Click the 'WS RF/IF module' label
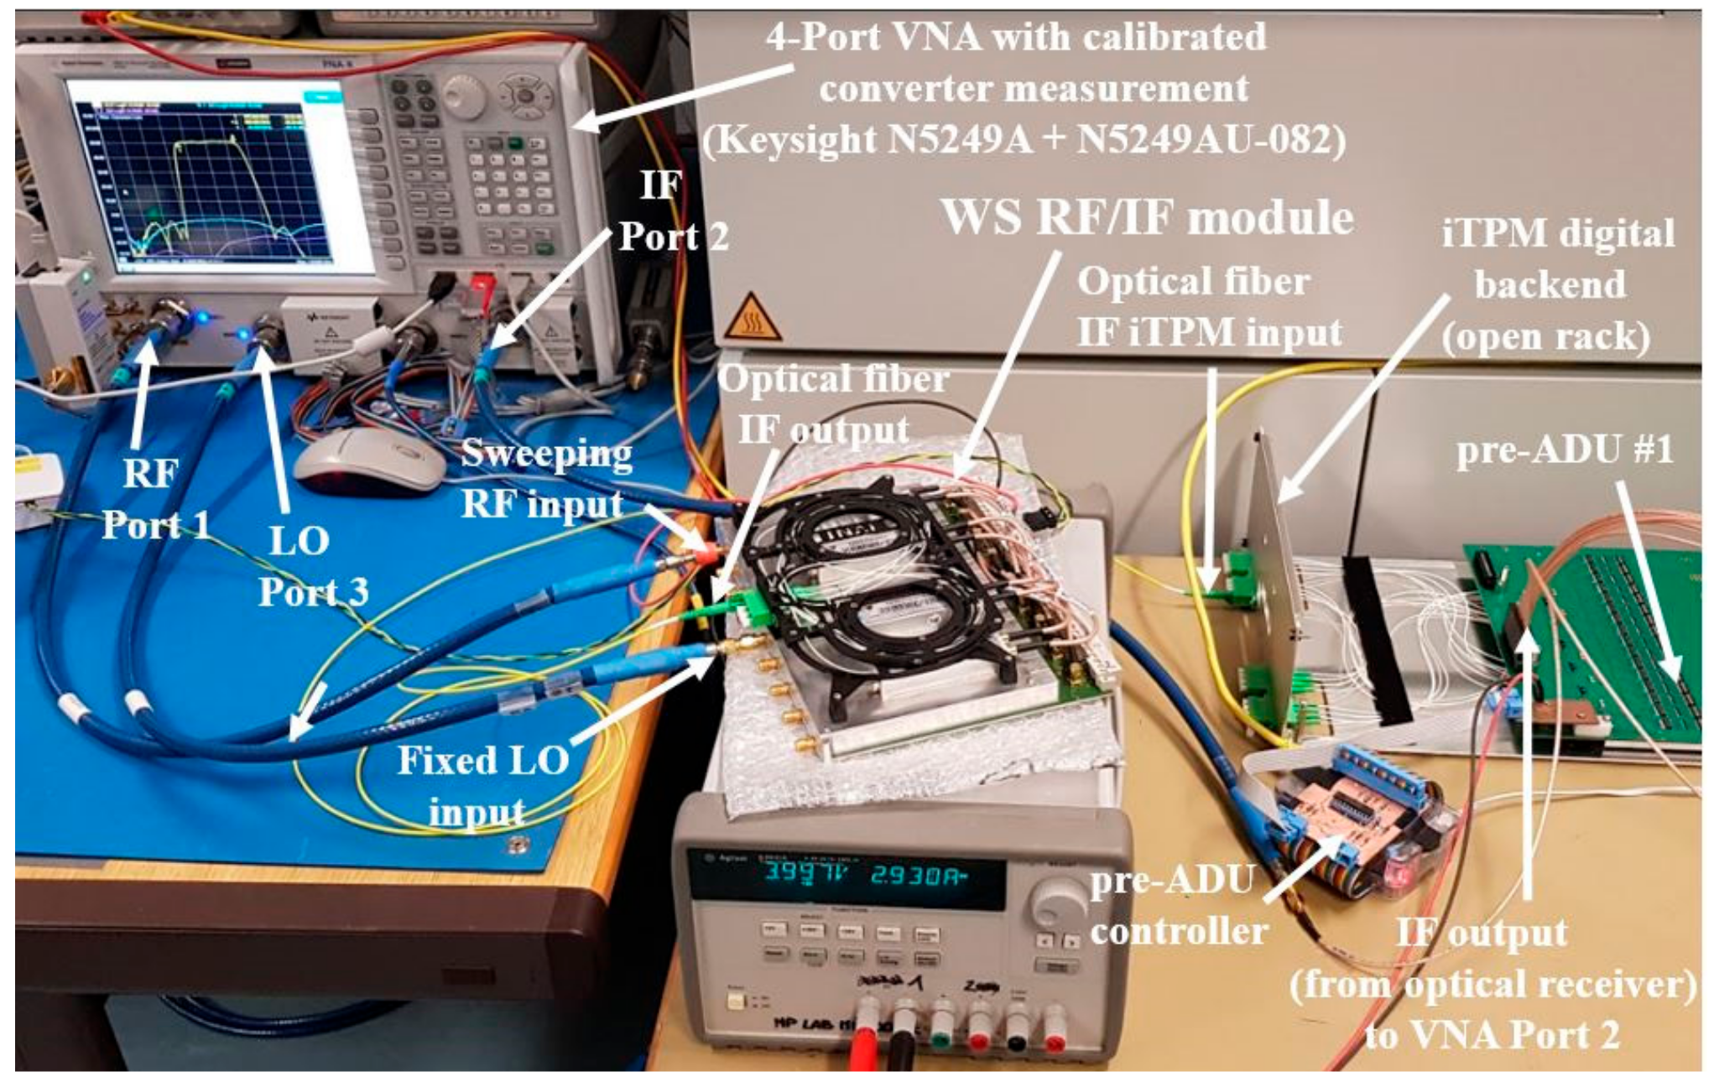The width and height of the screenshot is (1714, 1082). tap(1147, 218)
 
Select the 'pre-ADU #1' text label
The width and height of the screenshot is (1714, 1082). tap(1564, 450)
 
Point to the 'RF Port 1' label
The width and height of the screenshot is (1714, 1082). tap(154, 499)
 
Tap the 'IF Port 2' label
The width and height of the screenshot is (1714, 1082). tap(671, 211)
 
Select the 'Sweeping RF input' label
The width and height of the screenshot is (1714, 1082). tap(545, 478)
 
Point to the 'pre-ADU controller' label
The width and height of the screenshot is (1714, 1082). tap(1178, 906)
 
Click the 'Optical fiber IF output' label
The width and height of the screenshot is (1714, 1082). tap(831, 404)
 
